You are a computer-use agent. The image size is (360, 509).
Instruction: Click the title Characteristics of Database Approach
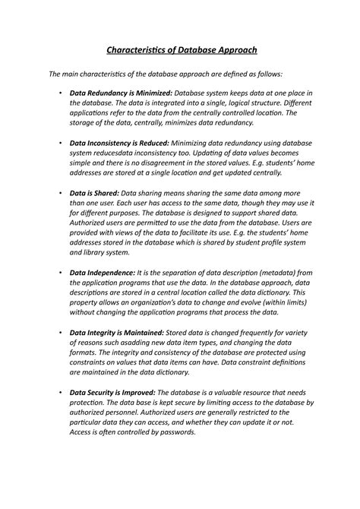(x=180, y=49)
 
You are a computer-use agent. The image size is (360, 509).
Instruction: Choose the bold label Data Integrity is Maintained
(x=117, y=333)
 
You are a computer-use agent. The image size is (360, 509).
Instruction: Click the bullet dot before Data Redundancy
(x=59, y=92)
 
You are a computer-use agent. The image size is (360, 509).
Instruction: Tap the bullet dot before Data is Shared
(x=59, y=194)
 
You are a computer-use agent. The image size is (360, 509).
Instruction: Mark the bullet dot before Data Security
(x=59, y=393)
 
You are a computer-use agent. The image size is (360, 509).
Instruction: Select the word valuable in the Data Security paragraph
(x=236, y=393)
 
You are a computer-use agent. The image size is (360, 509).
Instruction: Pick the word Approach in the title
(x=232, y=49)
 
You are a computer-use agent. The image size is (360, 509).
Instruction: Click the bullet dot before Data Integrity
(x=59, y=333)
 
